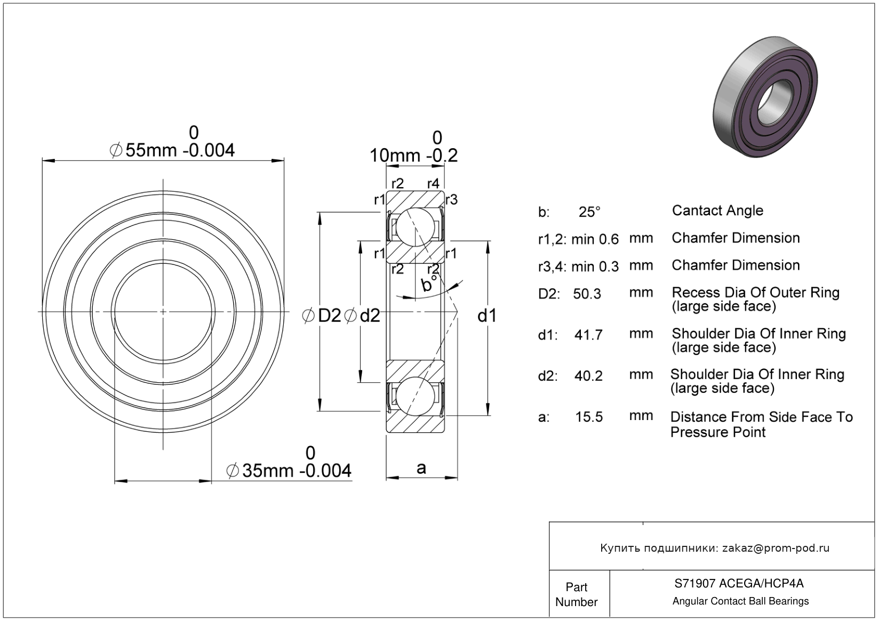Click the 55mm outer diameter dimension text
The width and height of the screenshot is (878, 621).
click(x=172, y=150)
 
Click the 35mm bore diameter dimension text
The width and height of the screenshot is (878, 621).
click(x=289, y=471)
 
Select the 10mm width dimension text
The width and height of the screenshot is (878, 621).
click(x=414, y=156)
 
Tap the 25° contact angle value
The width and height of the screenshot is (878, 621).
click(x=589, y=212)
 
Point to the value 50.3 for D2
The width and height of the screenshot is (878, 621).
click(x=587, y=294)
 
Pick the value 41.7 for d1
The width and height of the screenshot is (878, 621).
click(x=588, y=335)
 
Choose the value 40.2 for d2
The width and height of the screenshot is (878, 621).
click(x=588, y=376)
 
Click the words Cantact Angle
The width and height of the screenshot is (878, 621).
click(x=717, y=211)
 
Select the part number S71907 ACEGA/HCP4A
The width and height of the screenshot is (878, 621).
click(x=739, y=583)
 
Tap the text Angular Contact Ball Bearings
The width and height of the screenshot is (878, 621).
click(x=740, y=601)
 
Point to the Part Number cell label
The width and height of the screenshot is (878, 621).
click(x=576, y=594)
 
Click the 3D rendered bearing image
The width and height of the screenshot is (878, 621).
click(x=765, y=97)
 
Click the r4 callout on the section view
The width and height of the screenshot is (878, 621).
click(x=433, y=183)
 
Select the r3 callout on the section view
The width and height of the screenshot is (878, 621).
click(x=452, y=200)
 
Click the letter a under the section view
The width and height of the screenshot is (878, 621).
click(x=421, y=469)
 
